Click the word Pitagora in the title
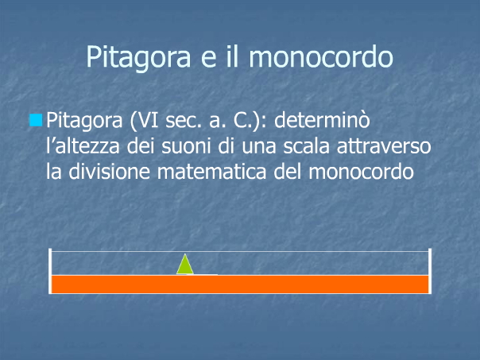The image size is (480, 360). click(x=138, y=58)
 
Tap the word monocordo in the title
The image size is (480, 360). click(x=321, y=56)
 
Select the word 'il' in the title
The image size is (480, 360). click(x=232, y=56)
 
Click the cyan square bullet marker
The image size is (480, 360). click(x=36, y=120)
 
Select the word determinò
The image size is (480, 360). click(x=322, y=120)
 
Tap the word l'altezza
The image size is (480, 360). click(x=83, y=146)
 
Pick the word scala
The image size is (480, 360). click(x=306, y=146)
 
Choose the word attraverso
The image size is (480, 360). click(x=384, y=147)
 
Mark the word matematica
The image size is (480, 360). click(x=212, y=172)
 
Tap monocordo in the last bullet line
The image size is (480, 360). click(x=362, y=172)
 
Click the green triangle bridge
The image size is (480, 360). click(x=185, y=265)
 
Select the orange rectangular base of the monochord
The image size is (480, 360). click(x=240, y=285)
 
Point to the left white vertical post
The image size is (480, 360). click(x=50, y=271)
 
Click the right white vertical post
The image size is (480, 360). click(x=430, y=271)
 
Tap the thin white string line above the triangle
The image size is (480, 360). click(x=240, y=252)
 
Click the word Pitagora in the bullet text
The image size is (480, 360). click(x=84, y=121)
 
